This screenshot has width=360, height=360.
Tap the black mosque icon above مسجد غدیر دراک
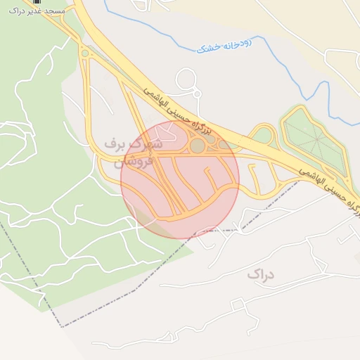point(37,2)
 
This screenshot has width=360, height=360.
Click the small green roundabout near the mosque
point(85,53)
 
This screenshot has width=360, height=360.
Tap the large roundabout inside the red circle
point(198,146)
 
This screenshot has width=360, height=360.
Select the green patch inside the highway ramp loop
point(264,135)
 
